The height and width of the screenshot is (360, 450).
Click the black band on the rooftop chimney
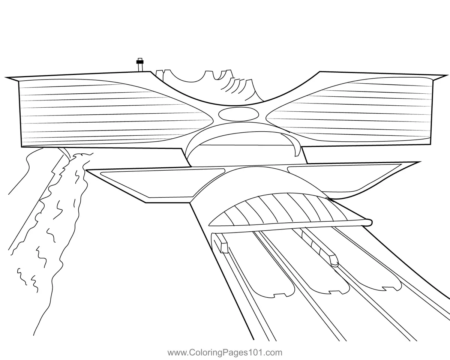140,62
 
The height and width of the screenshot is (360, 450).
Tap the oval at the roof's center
238,114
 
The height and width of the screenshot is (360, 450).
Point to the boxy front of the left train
224,248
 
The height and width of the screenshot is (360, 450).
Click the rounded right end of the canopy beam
369,222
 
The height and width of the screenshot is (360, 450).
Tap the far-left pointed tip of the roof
5,78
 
